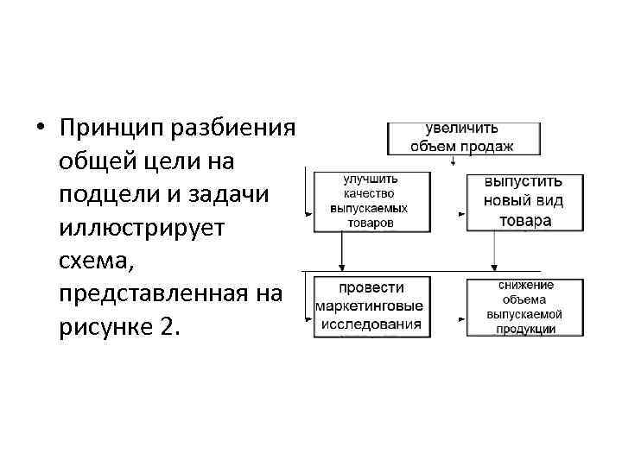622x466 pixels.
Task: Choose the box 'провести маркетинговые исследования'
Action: (369, 306)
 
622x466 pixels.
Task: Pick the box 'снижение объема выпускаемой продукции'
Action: (518, 306)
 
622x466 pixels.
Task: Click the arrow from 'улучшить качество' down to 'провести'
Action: (343, 252)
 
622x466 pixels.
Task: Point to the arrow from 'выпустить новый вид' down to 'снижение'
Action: (493, 252)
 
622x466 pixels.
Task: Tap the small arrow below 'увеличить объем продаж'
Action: (454, 161)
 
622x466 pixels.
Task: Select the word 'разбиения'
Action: (234, 129)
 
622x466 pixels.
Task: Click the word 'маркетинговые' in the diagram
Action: (369, 306)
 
